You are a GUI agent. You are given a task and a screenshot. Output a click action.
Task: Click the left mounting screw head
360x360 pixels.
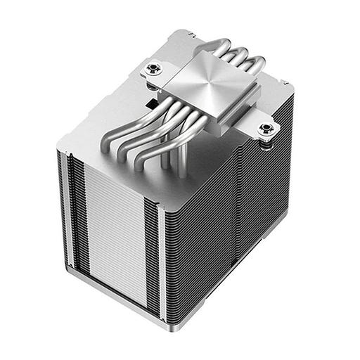153,69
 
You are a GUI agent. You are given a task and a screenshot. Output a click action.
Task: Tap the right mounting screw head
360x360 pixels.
266,129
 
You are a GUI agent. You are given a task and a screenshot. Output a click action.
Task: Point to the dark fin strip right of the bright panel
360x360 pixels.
156,246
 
